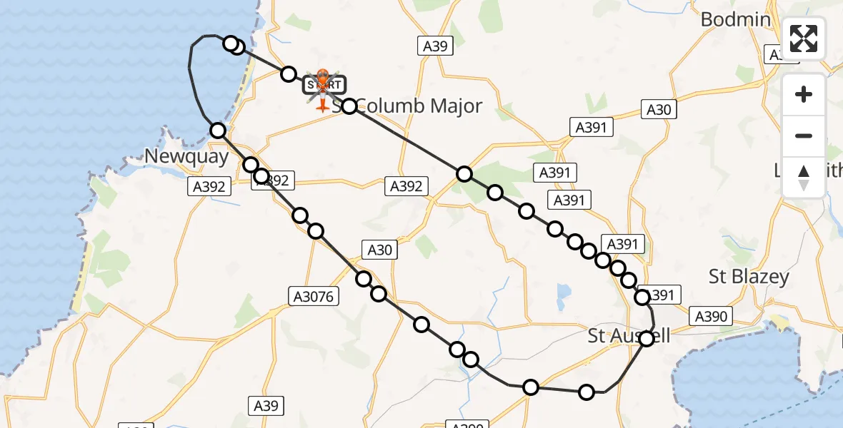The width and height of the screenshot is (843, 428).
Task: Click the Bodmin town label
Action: click(735, 19)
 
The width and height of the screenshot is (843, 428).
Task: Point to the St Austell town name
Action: click(629, 335)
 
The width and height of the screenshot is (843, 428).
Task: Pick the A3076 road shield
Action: click(314, 296)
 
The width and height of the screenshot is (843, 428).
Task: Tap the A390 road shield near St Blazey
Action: click(711, 316)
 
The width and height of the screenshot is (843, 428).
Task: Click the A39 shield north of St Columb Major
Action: click(434, 46)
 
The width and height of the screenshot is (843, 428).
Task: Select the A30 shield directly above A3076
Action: click(379, 249)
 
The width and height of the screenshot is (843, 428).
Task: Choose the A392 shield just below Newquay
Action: click(211, 187)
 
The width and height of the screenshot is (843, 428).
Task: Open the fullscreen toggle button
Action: click(804, 38)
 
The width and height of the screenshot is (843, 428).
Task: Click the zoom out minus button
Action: click(804, 136)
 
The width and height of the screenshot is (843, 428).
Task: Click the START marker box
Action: click(324, 86)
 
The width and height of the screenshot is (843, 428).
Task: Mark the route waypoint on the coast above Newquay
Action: click(218, 130)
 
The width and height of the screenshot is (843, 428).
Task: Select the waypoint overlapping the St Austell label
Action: click(647, 339)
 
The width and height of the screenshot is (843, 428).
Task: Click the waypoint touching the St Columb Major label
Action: click(349, 106)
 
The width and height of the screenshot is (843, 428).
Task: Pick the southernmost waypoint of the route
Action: click(587, 392)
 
